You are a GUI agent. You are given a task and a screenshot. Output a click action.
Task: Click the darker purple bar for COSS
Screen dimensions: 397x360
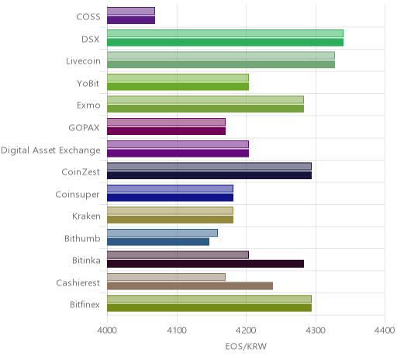click(x=131, y=20)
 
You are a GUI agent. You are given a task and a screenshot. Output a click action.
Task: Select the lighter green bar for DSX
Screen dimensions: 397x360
click(x=225, y=33)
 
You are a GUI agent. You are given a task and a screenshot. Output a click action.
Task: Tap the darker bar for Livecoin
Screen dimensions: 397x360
click(x=221, y=64)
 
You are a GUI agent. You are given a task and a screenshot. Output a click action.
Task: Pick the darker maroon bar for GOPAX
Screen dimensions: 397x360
click(x=166, y=131)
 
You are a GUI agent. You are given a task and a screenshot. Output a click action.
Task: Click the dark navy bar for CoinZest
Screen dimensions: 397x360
click(x=209, y=175)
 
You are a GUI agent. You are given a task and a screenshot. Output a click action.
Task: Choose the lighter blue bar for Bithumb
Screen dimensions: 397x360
click(x=162, y=233)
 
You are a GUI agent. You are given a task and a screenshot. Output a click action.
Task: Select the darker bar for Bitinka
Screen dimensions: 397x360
click(x=205, y=264)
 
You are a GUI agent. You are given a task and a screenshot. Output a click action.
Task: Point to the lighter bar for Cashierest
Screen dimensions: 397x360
click(x=166, y=277)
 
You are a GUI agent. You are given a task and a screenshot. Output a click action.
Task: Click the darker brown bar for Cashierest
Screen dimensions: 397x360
click(x=190, y=286)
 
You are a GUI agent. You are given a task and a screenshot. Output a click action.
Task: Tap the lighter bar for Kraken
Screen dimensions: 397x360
click(x=170, y=210)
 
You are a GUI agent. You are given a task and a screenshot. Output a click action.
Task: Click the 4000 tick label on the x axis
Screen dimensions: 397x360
click(x=107, y=331)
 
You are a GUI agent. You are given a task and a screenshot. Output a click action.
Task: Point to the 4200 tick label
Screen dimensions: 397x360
click(x=246, y=331)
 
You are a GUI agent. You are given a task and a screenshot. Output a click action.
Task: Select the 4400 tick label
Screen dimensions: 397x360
click(x=385, y=331)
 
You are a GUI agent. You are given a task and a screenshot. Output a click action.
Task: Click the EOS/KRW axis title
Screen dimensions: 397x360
click(x=246, y=346)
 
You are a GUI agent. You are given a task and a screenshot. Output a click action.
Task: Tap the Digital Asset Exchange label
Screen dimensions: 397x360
click(x=50, y=151)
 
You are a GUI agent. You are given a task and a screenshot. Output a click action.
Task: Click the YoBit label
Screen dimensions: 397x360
click(x=88, y=84)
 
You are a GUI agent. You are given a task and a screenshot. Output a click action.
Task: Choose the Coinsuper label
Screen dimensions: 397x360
click(x=78, y=195)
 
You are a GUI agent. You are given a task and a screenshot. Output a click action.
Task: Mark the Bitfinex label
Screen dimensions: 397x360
click(x=85, y=305)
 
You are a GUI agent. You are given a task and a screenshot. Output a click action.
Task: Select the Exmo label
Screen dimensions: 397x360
click(x=88, y=106)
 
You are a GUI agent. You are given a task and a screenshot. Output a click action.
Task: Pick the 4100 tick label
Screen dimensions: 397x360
click(x=177, y=331)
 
